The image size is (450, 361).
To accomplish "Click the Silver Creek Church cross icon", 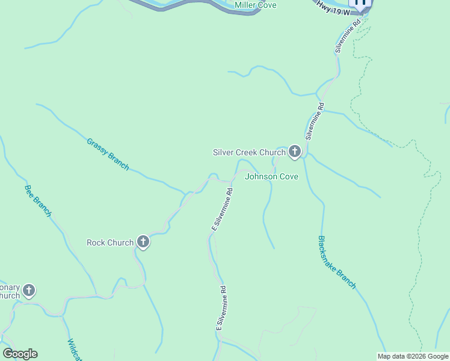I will click(294, 152).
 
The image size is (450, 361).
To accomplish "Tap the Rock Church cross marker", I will click(143, 242).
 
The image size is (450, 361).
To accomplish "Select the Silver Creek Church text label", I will click(249, 152).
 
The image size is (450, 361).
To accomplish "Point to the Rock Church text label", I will click(110, 242).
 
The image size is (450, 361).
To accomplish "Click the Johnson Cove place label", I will click(271, 177).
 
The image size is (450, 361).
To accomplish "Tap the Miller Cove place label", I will click(255, 5).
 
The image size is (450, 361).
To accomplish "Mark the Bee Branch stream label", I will click(38, 200).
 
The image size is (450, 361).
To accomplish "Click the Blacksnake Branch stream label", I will click(337, 262).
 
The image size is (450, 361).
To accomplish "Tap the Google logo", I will click(20, 354).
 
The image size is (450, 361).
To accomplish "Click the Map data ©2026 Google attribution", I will click(413, 356).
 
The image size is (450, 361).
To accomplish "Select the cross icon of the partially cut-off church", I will click(28, 291).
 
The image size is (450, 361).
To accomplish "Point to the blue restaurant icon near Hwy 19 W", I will click(361, 2).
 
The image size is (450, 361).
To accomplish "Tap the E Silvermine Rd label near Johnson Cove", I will click(222, 210).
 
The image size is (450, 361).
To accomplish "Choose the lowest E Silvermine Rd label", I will click(221, 307).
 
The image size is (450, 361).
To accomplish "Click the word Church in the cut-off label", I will click(9, 295).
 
